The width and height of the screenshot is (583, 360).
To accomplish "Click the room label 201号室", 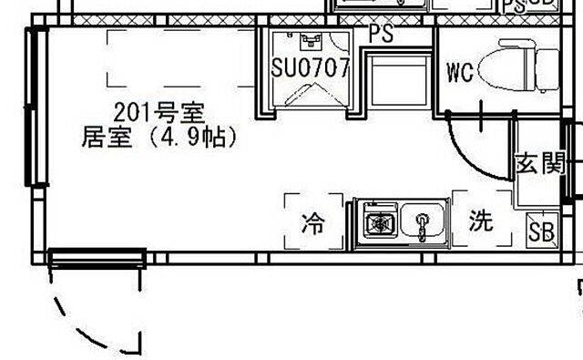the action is [159, 113].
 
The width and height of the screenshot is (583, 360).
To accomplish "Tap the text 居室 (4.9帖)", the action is [159, 138].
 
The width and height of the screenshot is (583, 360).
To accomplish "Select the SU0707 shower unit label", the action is [311, 68].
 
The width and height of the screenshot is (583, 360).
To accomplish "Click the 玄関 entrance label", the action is [539, 164].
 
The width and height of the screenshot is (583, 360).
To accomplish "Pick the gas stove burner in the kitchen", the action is [377, 221].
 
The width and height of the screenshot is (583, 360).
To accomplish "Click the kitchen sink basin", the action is [422, 221].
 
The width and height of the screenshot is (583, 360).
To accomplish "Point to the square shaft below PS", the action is [397, 77].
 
